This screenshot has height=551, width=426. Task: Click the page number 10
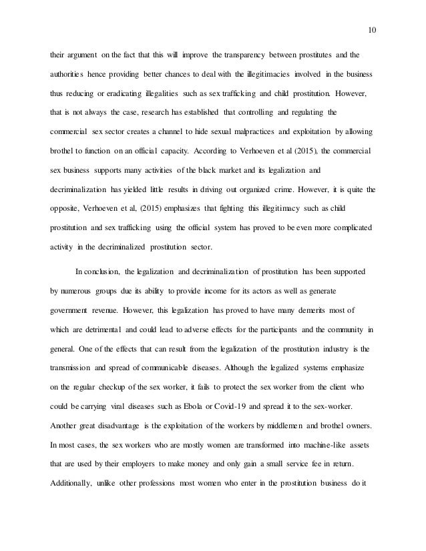373,29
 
